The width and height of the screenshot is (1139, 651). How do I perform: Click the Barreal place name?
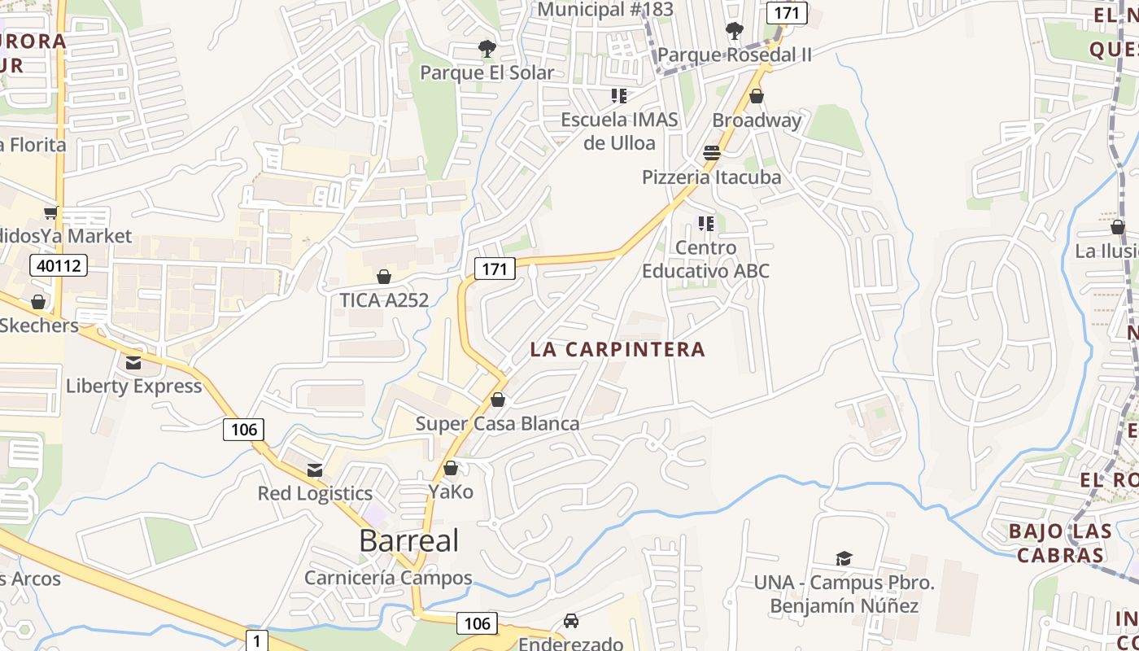[408, 540]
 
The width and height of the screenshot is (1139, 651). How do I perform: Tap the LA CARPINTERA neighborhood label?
[618, 349]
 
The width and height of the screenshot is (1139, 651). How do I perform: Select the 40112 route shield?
[59, 265]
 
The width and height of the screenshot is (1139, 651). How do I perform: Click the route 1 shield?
[256, 640]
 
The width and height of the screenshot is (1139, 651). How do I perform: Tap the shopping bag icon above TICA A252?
[384, 277]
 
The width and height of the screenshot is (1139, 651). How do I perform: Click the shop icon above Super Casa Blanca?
[498, 400]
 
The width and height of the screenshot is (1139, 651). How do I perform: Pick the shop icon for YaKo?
[451, 469]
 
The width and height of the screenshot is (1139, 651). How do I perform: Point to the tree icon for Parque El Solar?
[487, 49]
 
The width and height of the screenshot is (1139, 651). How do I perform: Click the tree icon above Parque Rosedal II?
[734, 32]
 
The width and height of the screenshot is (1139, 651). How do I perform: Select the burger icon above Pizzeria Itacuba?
[711, 154]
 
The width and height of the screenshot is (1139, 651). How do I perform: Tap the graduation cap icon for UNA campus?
[844, 559]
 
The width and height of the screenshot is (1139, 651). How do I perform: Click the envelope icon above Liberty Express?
[133, 362]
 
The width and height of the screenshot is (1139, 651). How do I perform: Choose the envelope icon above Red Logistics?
[315, 470]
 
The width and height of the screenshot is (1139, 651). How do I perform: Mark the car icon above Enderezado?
[571, 621]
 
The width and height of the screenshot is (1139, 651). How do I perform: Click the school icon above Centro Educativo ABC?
[705, 224]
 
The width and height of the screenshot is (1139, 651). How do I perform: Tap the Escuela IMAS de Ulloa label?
[618, 131]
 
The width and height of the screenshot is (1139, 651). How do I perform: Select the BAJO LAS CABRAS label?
[1059, 543]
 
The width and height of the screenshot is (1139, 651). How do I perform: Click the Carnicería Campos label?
[388, 578]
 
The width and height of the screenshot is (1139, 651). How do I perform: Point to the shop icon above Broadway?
[757, 97]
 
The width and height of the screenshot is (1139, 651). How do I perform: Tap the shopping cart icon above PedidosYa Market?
[50, 213]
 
